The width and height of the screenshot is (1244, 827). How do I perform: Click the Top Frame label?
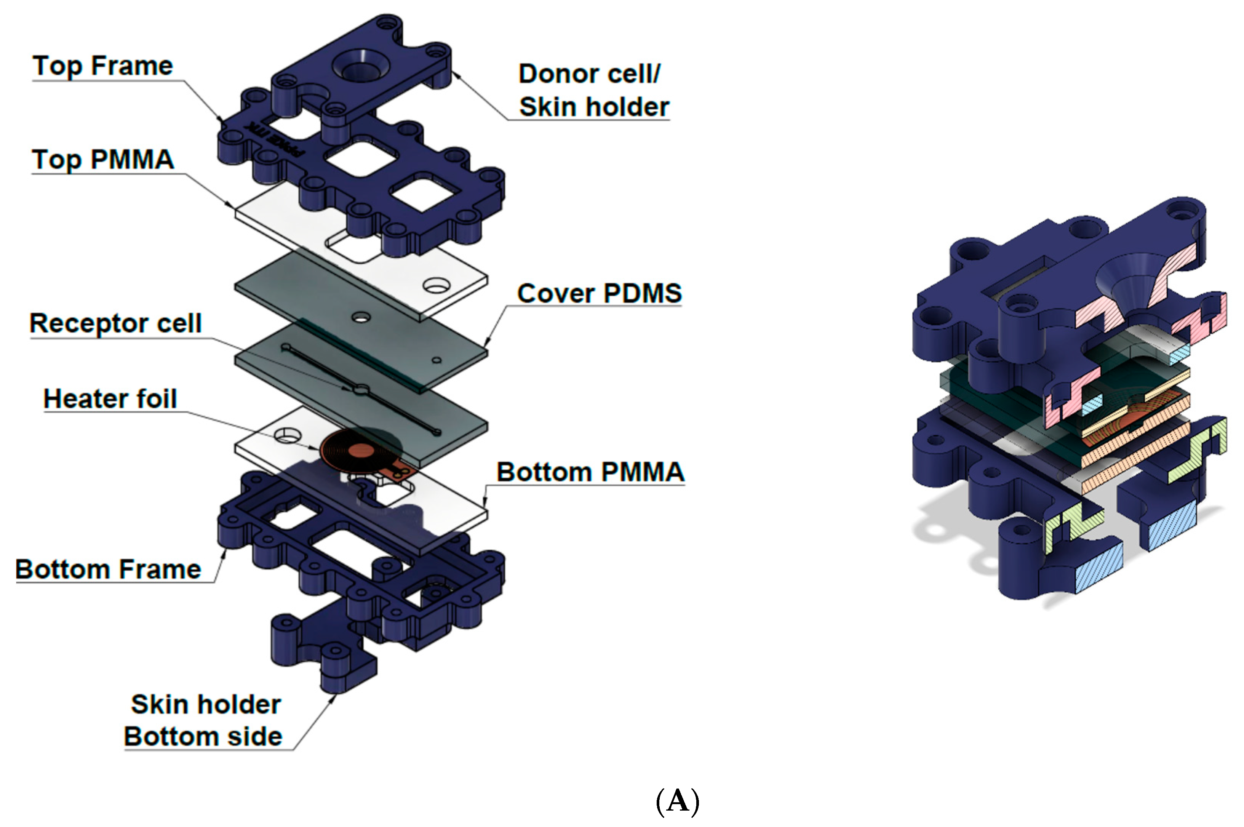tap(103, 66)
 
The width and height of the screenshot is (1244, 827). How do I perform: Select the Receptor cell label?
tap(115, 323)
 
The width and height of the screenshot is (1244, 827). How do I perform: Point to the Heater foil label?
tap(110, 399)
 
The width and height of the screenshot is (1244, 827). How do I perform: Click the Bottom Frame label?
tap(108, 569)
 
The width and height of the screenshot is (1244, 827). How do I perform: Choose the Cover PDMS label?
tap(599, 293)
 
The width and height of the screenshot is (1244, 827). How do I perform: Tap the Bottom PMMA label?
tap(590, 472)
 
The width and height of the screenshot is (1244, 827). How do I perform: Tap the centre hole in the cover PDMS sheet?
tap(361, 318)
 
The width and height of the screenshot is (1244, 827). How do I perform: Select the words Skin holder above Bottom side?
tap(206, 705)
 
